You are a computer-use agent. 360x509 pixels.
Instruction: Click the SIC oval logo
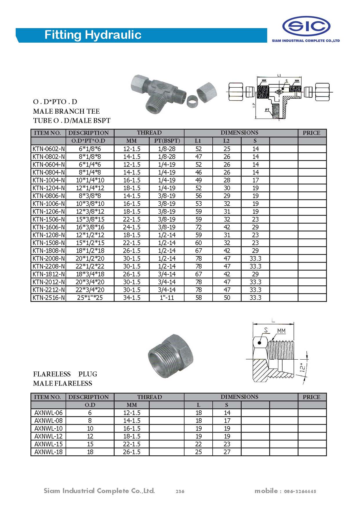306,26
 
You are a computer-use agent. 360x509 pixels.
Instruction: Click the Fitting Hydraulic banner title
93,35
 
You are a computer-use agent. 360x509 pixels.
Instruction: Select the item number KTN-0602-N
49,149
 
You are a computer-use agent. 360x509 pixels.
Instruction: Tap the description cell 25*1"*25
90,298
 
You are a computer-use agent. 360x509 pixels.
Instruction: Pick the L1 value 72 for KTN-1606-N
198,227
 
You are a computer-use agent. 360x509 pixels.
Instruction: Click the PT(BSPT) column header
167,141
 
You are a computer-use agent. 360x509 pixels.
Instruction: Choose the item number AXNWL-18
48,452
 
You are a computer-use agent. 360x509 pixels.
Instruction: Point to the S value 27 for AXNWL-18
227,452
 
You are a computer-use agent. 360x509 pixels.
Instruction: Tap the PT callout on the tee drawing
267,110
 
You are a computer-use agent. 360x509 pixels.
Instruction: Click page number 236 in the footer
180,491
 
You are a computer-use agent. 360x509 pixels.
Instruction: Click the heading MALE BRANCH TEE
66,111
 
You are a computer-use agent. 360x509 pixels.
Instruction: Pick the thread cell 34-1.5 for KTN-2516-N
132,298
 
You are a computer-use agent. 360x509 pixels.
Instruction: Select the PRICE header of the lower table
312,397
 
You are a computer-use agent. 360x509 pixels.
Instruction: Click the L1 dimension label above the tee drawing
279,75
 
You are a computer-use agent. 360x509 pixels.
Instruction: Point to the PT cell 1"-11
167,298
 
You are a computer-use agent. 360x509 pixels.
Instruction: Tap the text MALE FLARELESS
63,383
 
